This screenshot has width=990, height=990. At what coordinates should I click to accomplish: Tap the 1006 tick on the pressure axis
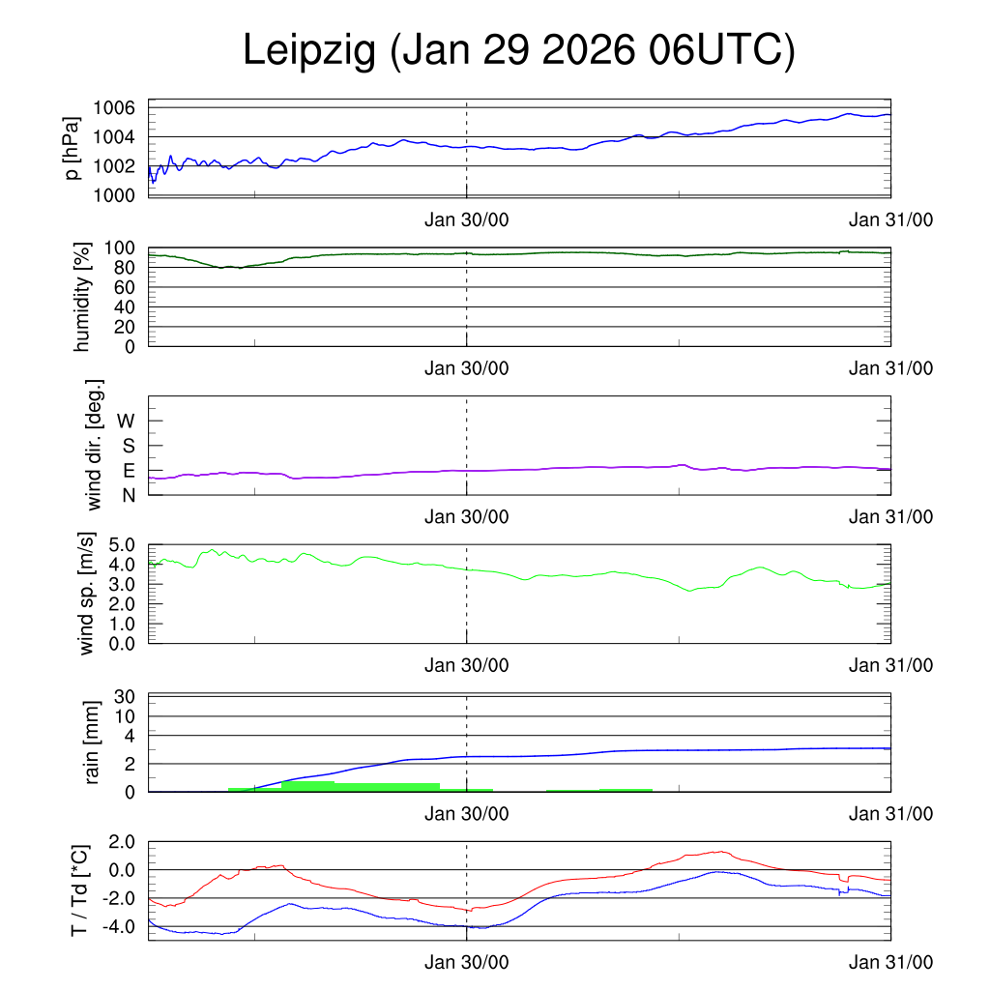click(x=114, y=107)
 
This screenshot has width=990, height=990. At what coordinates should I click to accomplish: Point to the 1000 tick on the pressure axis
click(x=114, y=196)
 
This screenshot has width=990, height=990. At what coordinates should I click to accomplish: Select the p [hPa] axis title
click(x=71, y=150)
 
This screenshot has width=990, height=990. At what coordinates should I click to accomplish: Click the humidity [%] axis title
click(x=82, y=296)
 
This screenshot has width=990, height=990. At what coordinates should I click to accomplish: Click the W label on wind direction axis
click(x=127, y=421)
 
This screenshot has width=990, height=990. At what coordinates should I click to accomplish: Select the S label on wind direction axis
click(x=128, y=446)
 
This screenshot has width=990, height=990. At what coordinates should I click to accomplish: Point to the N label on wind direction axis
click(x=128, y=495)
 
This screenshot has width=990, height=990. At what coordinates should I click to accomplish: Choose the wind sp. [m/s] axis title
click(x=88, y=595)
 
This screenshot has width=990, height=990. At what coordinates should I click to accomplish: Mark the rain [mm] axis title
click(x=93, y=742)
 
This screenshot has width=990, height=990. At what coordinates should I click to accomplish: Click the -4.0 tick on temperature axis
click(x=120, y=926)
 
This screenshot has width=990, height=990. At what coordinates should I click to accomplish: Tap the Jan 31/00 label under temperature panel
click(x=891, y=963)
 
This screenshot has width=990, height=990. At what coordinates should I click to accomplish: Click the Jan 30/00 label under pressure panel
click(x=466, y=219)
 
